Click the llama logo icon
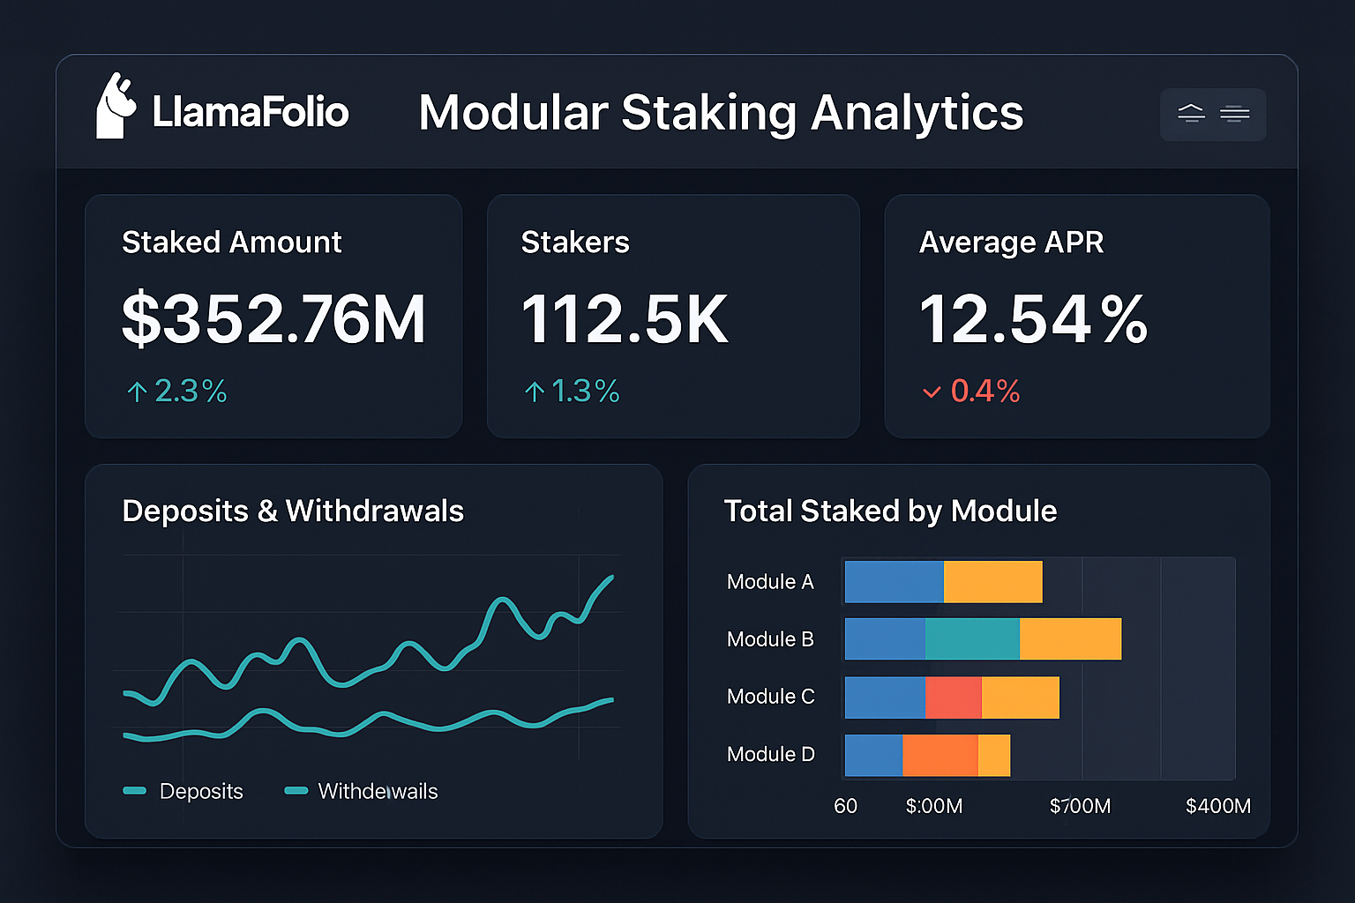[116, 108]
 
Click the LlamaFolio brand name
[251, 112]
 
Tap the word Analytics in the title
[917, 114]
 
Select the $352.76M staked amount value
[273, 319]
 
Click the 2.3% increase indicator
[177, 391]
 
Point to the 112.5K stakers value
[625, 319]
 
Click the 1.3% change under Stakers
[573, 391]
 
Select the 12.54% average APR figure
[1033, 319]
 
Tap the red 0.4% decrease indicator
[972, 391]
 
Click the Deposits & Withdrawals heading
[293, 511]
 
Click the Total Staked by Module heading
[890, 511]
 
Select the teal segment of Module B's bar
[972, 639]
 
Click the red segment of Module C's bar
[953, 698]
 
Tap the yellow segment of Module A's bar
[992, 582]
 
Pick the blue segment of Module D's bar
[873, 756]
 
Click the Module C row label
[770, 697]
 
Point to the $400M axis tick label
[1217, 806]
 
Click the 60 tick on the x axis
[845, 806]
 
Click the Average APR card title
[1011, 243]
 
